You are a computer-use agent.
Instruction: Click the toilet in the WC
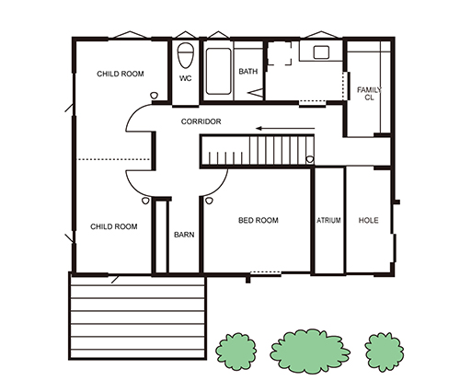(x=186, y=55)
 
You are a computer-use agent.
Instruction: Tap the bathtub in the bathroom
(x=218, y=71)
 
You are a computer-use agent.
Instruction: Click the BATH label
(x=248, y=72)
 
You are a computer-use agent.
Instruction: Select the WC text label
(x=186, y=78)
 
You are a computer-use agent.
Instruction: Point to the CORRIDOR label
(x=201, y=121)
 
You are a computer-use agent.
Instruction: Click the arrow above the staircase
(x=285, y=128)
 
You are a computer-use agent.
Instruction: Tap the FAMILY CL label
(x=369, y=94)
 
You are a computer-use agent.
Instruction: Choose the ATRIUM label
(x=328, y=220)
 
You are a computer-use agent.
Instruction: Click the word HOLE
(x=368, y=220)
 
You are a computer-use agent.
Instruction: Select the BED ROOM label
(x=259, y=220)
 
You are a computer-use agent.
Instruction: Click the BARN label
(x=184, y=235)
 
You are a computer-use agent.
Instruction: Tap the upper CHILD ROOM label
(x=121, y=74)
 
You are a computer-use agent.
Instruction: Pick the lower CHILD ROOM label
(x=114, y=226)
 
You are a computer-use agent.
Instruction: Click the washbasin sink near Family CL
(x=321, y=52)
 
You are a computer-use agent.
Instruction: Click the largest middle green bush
(x=310, y=352)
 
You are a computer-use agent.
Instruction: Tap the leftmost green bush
(x=236, y=352)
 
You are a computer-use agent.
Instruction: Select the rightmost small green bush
(x=385, y=352)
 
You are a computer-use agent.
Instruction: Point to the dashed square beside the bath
(x=280, y=53)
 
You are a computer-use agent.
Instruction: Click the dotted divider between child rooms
(x=113, y=159)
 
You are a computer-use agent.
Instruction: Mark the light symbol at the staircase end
(x=310, y=159)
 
